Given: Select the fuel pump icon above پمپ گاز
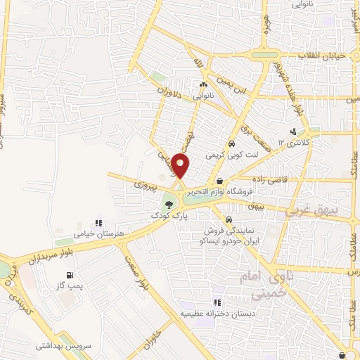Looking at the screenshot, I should coord(68,276).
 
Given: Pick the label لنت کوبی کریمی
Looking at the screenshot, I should coord(227,152).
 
